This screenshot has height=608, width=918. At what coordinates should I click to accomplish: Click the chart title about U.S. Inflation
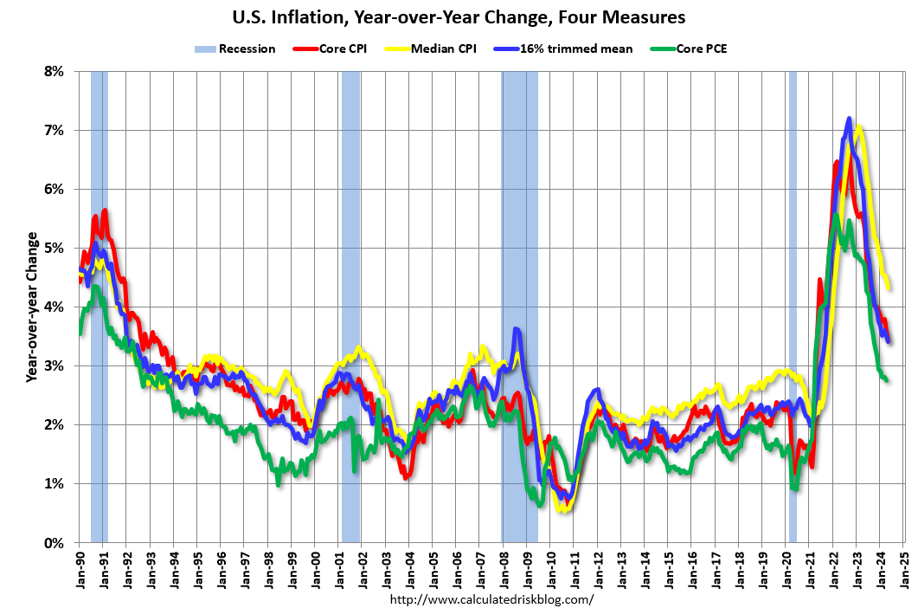(x=459, y=17)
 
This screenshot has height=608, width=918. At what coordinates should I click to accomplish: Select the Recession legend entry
(x=234, y=49)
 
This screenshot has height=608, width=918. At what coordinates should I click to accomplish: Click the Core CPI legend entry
(x=330, y=49)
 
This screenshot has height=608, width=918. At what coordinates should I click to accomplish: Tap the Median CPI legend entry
(x=430, y=49)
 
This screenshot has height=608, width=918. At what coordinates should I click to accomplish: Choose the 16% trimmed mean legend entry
(x=563, y=49)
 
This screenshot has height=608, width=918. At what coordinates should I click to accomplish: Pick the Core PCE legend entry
(x=689, y=49)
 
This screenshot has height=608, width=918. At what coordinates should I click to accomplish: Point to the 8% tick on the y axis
(x=54, y=72)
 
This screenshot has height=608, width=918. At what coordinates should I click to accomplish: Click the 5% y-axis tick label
(x=54, y=249)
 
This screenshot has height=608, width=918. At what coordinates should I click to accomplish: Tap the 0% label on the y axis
(x=54, y=544)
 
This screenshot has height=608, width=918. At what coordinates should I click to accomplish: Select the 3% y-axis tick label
(x=54, y=366)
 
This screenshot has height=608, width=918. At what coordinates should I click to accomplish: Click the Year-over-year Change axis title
(x=32, y=307)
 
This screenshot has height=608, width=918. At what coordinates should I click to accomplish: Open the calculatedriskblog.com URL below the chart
(x=491, y=599)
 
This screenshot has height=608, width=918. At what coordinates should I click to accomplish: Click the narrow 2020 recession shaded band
(x=793, y=307)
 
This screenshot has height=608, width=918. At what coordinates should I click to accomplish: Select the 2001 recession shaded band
(x=350, y=307)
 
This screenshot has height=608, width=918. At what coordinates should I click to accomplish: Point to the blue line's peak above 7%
(x=849, y=119)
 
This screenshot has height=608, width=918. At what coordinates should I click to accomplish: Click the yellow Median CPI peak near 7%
(x=859, y=127)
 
